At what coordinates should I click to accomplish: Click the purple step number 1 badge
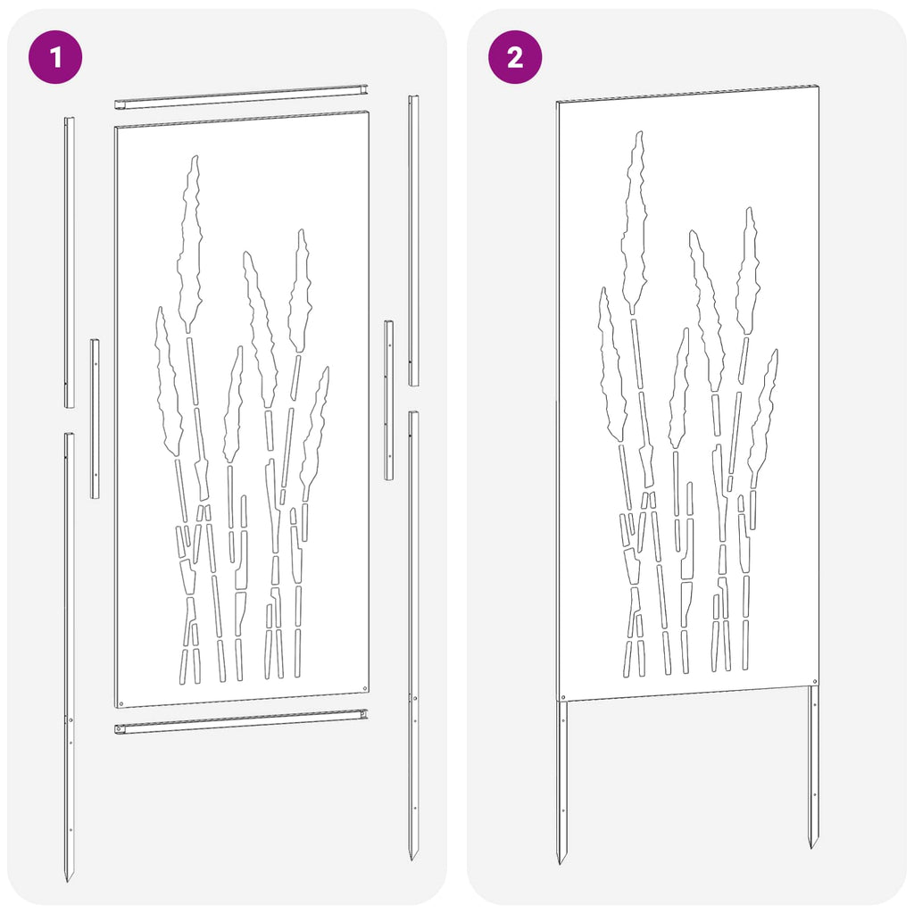55,57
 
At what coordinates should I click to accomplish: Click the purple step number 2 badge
515,57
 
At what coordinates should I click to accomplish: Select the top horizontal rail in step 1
241,96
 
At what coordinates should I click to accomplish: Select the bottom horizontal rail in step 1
241,721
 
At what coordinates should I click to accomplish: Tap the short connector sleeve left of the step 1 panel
95,419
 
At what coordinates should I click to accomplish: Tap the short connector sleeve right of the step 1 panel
388,400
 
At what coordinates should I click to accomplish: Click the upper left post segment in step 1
69,262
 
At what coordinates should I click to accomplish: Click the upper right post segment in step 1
413,240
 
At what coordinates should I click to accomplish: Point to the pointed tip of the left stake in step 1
67,881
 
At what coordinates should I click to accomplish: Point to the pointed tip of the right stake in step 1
412,860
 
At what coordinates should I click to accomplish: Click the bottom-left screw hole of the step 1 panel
121,703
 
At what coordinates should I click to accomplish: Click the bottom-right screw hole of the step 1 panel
364,688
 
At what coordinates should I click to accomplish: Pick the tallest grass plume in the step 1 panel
190,244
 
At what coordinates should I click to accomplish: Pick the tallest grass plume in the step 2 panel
634,222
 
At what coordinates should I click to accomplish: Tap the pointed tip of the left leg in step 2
559,863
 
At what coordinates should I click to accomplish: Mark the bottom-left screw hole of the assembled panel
563,696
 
